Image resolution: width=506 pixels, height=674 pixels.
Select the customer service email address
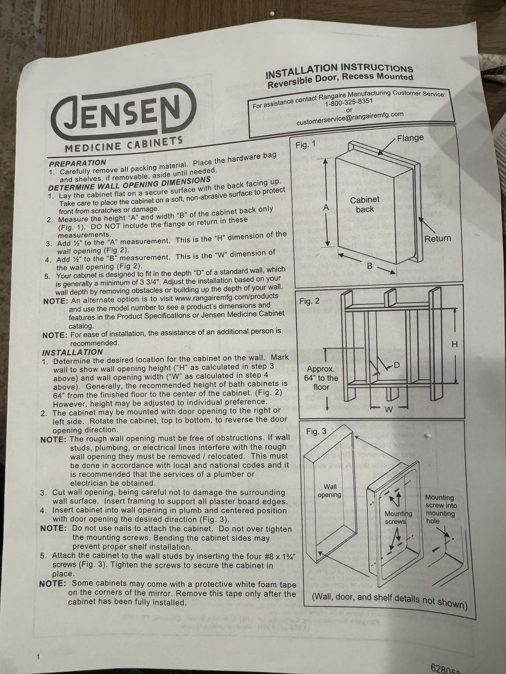pos(350,118)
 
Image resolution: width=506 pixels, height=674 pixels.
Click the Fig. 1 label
pos(305,144)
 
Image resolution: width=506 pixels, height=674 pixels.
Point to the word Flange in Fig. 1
pos(410,138)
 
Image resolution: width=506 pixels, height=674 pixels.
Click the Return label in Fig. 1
pos(437,239)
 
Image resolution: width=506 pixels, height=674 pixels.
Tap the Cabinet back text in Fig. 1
pos(365,204)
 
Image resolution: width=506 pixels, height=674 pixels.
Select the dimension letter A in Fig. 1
pos(326,208)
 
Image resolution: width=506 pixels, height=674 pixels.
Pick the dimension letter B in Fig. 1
pos(370,266)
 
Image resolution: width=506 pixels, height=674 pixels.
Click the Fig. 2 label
pos(309,301)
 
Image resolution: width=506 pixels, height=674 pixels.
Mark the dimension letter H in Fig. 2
pos(455,344)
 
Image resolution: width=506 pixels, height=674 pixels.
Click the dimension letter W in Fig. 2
pos(388,410)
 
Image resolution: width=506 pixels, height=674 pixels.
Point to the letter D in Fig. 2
pos(396,365)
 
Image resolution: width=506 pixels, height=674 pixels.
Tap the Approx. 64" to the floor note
pos(321,378)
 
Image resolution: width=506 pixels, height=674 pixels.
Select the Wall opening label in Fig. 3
pos(329,491)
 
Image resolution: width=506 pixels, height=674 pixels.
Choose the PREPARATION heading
pos(78,163)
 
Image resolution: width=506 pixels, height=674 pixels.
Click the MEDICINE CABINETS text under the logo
pos(124,144)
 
